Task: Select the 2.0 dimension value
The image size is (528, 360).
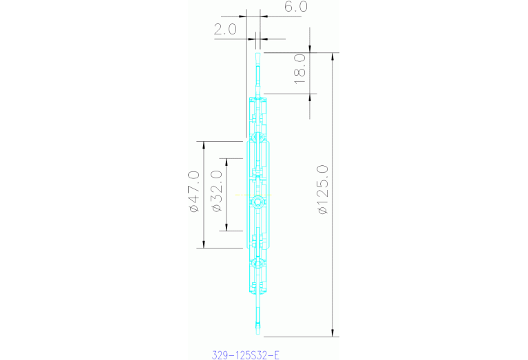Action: click(225, 29)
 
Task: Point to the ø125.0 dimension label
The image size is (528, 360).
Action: click(322, 190)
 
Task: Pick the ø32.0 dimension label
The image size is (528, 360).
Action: click(215, 191)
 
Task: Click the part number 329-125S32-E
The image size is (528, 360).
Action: click(246, 355)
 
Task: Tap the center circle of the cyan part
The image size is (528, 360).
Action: click(259, 202)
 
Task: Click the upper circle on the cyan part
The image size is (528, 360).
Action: click(259, 138)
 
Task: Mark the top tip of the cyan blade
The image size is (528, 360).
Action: click(259, 54)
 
